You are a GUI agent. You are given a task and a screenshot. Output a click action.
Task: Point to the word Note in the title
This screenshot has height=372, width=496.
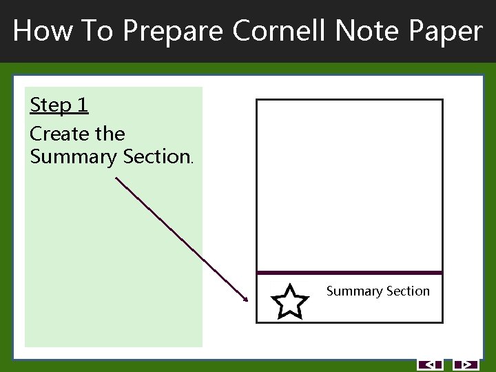[360, 31]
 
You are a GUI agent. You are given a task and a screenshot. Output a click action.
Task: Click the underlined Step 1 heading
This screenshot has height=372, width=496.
[59, 105]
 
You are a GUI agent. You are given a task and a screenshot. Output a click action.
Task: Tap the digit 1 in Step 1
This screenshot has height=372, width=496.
[83, 105]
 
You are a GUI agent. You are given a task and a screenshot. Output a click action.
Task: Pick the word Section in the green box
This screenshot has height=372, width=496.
[157, 157]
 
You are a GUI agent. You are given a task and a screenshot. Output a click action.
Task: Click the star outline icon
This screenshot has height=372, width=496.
[289, 302]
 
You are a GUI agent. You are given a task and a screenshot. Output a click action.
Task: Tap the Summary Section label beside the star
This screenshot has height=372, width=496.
[378, 291]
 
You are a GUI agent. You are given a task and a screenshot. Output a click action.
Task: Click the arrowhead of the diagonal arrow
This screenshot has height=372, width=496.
[245, 299]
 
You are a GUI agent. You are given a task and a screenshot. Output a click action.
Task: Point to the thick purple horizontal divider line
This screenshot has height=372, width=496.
[349, 273]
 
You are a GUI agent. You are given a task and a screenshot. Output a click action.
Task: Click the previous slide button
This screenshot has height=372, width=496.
[430, 364]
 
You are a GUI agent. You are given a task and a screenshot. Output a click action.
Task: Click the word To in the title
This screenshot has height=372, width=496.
[96, 31]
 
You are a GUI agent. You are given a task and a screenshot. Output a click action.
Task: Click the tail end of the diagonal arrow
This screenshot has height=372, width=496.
[116, 178]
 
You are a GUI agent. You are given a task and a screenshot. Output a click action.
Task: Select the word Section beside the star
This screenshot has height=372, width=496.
[407, 291]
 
